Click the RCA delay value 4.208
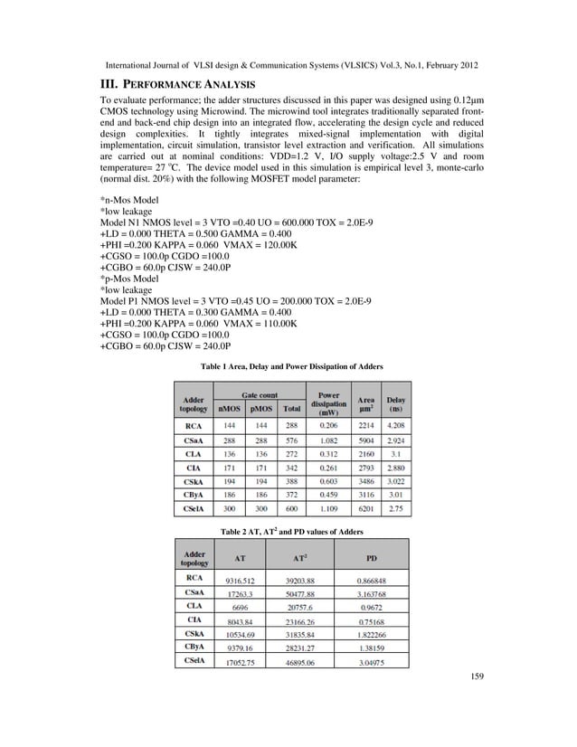[x=396, y=423]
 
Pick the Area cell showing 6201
[x=366, y=510]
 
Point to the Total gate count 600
[x=292, y=510]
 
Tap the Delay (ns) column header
[x=396, y=403]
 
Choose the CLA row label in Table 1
[x=193, y=458]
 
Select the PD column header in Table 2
[x=371, y=557]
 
